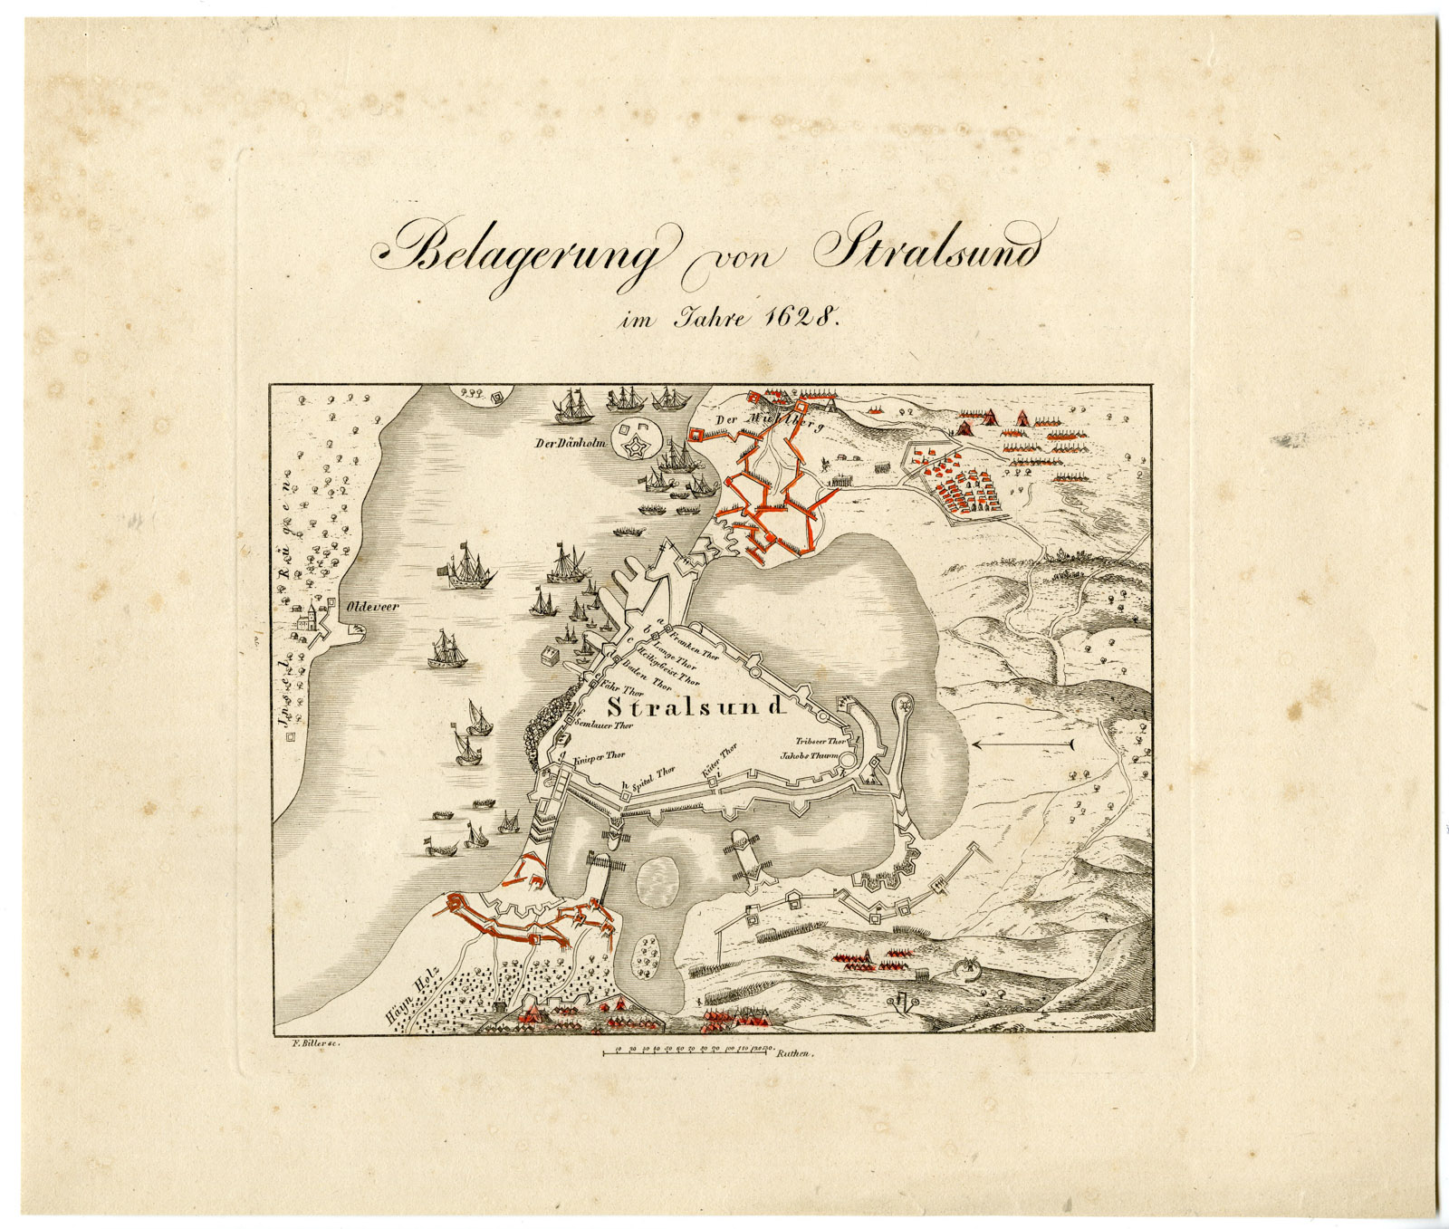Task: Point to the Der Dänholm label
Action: pos(570,444)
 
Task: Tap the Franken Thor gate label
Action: pos(694,639)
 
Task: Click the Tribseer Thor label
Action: pos(820,740)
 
